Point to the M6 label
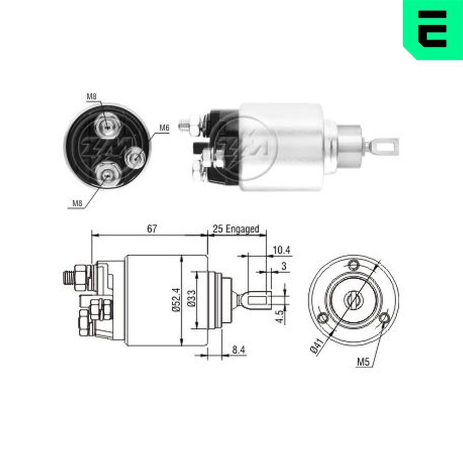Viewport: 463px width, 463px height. pyautogui.click(x=164, y=128)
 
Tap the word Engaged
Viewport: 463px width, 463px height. pyautogui.click(x=243, y=229)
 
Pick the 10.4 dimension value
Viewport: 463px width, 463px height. pyautogui.click(x=282, y=250)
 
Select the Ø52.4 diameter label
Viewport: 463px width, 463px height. pyautogui.click(x=175, y=301)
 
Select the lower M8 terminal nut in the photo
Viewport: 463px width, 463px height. pyautogui.click(x=107, y=174)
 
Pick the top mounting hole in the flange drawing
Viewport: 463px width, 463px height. pyautogui.click(x=355, y=265)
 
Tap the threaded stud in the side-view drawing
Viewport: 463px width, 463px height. pyautogui.click(x=68, y=277)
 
